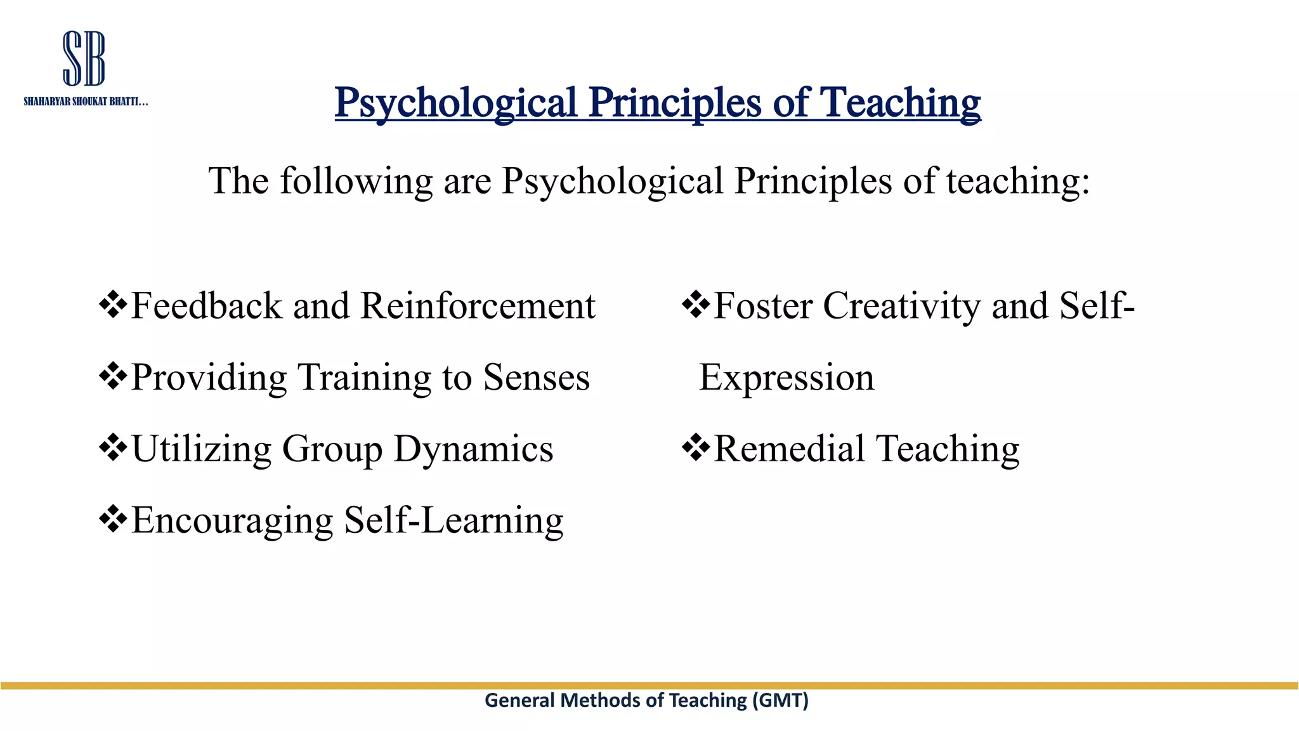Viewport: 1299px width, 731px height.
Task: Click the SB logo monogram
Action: (x=84, y=58)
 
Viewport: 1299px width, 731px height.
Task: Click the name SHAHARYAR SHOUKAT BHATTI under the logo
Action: (x=86, y=102)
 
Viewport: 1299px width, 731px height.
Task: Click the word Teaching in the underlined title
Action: (x=900, y=103)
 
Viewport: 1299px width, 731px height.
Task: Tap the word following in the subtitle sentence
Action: (x=356, y=181)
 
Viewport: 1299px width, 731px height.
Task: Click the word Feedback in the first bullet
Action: (x=206, y=306)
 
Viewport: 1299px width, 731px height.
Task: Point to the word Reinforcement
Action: (x=478, y=306)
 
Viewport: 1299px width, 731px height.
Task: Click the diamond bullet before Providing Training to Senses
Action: (x=114, y=376)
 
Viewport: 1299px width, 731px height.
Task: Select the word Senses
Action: (x=536, y=378)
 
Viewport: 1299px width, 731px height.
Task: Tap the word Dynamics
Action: (x=473, y=449)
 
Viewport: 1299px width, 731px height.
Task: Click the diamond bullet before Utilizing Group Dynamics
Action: (x=114, y=448)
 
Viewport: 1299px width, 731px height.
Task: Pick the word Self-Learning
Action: (x=454, y=520)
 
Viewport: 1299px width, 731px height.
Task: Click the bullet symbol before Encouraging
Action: (x=114, y=519)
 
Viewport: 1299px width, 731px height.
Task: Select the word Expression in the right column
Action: (x=787, y=378)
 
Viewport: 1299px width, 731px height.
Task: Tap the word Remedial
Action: (x=790, y=449)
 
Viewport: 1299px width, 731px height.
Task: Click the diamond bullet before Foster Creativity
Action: (x=696, y=305)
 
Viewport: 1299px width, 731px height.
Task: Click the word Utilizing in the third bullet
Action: (x=201, y=449)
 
